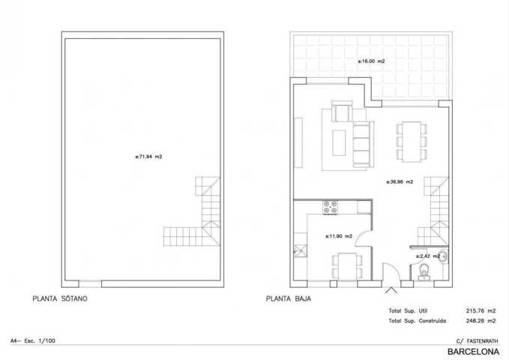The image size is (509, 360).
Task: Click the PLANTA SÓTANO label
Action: (x=60, y=298)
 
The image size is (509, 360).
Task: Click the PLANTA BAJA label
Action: (x=289, y=298)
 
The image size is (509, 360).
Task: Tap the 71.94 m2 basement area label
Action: (x=148, y=157)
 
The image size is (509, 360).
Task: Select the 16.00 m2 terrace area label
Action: (x=371, y=61)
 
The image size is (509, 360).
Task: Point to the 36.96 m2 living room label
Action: (x=400, y=182)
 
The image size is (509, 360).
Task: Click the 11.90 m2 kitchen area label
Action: (x=339, y=236)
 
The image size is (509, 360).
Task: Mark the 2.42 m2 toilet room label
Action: (x=428, y=256)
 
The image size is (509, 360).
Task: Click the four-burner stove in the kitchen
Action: (x=330, y=207)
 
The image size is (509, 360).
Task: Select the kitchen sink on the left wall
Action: (x=301, y=251)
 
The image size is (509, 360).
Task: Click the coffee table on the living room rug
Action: (x=339, y=142)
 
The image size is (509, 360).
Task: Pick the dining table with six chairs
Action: (x=412, y=142)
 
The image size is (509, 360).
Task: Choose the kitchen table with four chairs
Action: (x=347, y=267)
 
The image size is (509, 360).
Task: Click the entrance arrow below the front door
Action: (x=391, y=290)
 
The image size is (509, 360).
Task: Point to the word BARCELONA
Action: (x=473, y=352)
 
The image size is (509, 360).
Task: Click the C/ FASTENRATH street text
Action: (x=478, y=341)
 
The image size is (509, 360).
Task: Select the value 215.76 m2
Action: (x=481, y=311)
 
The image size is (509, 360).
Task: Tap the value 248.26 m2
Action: (x=481, y=321)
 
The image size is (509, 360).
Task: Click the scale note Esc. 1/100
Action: (x=40, y=340)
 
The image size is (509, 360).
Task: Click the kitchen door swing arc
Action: (x=359, y=235)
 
